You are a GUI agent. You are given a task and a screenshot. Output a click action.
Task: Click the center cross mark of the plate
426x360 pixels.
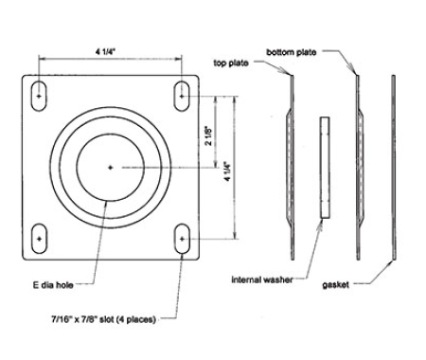pyautogui.click(x=110, y=168)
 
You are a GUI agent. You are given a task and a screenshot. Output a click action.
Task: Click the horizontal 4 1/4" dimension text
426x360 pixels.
pyautogui.click(x=106, y=51)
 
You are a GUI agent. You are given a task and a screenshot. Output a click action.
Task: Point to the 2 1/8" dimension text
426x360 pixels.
pyautogui.click(x=208, y=135)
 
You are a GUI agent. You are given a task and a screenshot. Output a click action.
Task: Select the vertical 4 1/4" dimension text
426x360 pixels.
pyautogui.click(x=227, y=171)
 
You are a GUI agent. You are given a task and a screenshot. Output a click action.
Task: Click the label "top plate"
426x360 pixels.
pyautogui.click(x=231, y=63)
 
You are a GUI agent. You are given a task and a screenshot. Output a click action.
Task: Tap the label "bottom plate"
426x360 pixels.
pyautogui.click(x=291, y=52)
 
